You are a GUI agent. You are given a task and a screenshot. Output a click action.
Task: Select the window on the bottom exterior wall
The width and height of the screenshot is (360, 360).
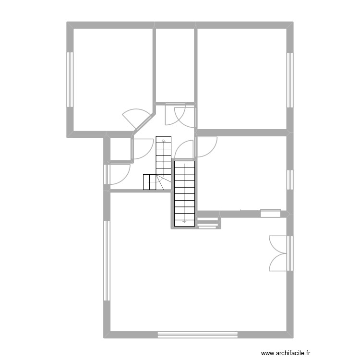198,334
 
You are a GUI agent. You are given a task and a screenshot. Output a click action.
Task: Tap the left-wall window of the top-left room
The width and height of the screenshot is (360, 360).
70,79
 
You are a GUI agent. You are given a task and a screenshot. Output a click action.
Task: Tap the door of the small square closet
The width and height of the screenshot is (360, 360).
141,149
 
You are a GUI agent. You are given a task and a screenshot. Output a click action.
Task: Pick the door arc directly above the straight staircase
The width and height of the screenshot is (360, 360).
184,150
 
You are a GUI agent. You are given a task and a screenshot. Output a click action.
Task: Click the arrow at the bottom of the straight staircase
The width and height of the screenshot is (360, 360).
184,222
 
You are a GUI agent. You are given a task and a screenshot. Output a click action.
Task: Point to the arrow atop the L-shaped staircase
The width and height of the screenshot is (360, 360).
163,141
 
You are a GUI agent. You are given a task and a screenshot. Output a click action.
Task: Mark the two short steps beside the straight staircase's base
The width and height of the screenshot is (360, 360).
208,224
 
